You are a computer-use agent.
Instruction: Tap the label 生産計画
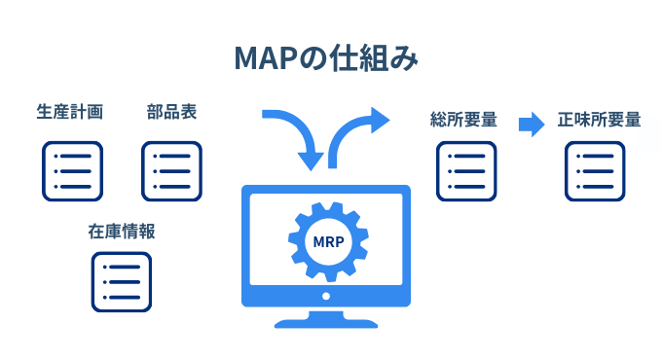click(70, 112)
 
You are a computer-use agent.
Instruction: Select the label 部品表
click(171, 112)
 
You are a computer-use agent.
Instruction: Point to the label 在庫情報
click(122, 232)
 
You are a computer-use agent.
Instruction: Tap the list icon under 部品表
click(171, 170)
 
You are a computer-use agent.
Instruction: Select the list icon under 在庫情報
click(122, 282)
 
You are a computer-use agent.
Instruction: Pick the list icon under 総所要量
click(465, 171)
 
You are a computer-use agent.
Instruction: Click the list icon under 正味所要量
click(596, 171)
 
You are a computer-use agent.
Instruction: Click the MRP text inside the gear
click(326, 241)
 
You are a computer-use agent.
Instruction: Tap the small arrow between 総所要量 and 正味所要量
click(531, 123)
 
